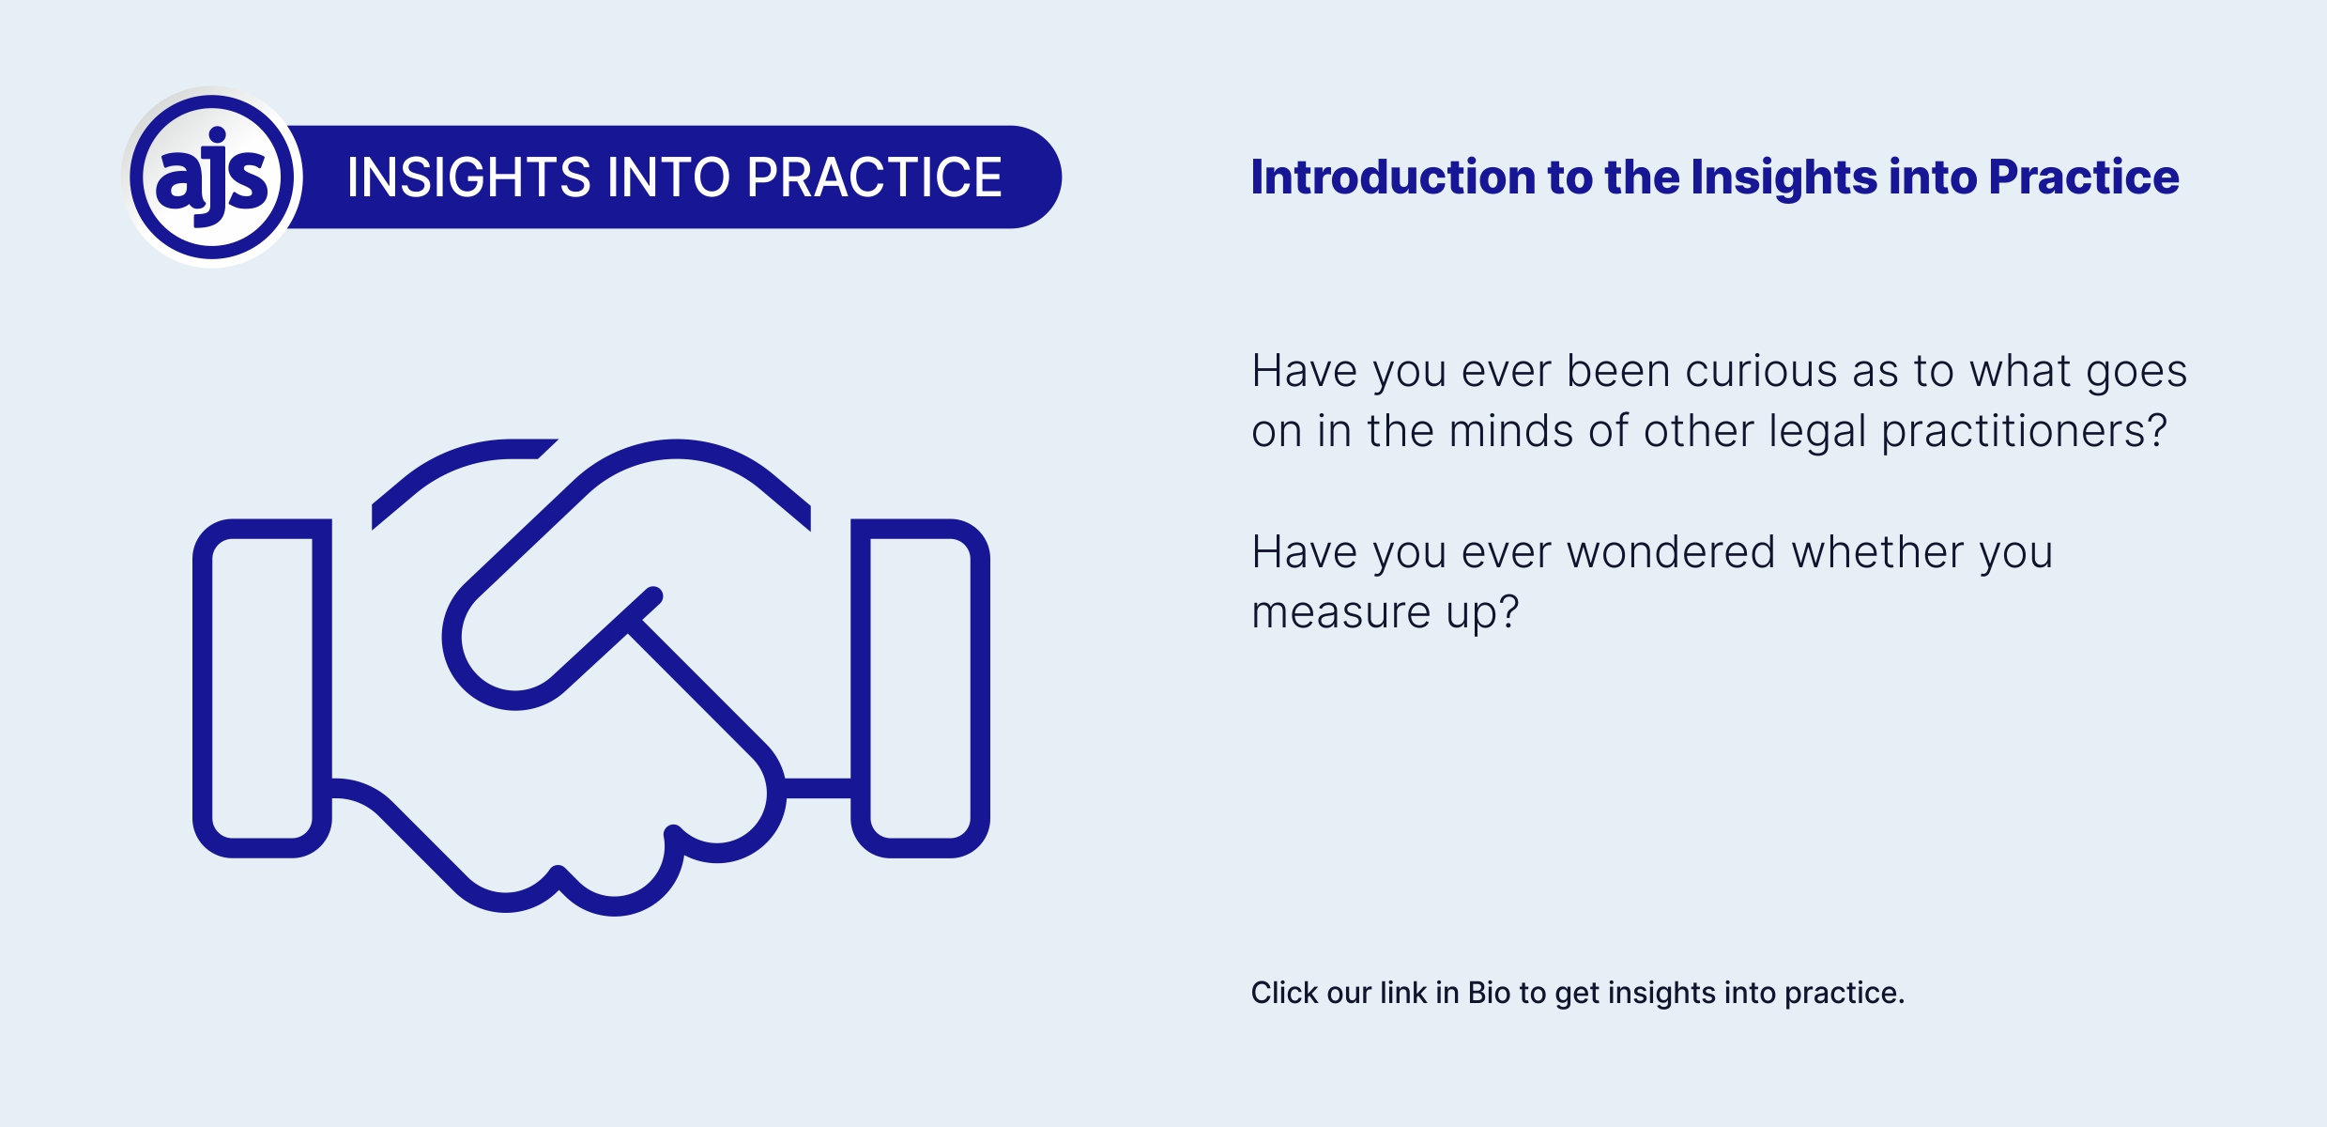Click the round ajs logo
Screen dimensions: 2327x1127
(x=213, y=177)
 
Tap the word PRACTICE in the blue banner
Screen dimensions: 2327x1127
(x=875, y=178)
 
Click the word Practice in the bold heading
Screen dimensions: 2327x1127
(x=2084, y=177)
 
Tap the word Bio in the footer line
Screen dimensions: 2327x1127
(x=1489, y=993)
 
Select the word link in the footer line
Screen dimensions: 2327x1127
(x=1404, y=993)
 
